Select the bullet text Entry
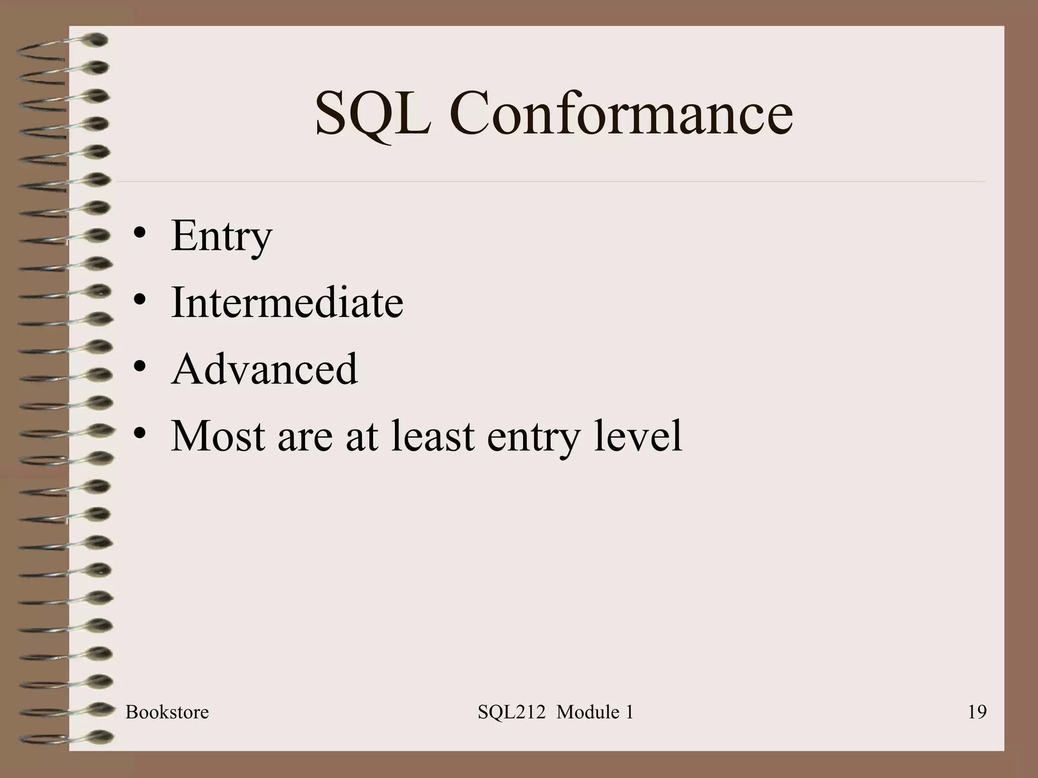pos(221,236)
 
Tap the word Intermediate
pos(287,302)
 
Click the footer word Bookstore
pos(167,712)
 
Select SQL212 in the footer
pos(511,712)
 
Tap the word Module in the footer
pos(587,712)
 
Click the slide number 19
pos(977,712)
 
